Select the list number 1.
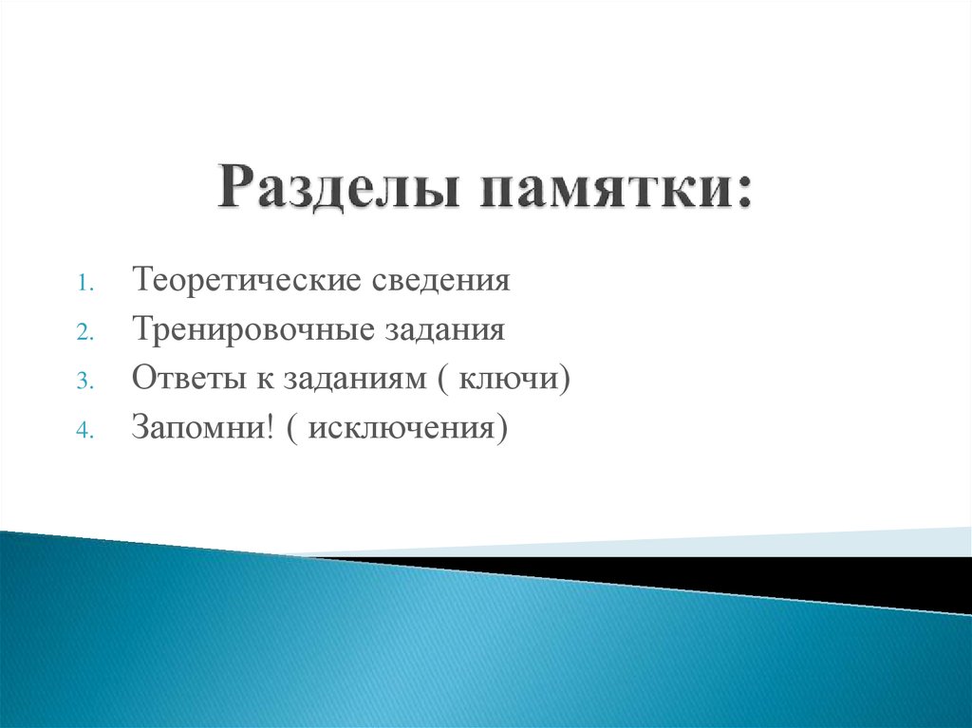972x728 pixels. click(x=83, y=283)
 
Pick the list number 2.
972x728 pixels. click(x=83, y=332)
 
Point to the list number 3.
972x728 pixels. click(x=83, y=382)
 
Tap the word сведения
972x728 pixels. click(x=443, y=281)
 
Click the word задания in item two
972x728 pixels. click(x=445, y=330)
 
